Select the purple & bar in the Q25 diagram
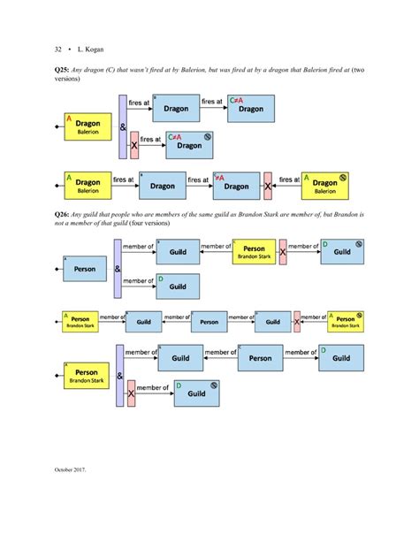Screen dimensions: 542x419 pos(122,126)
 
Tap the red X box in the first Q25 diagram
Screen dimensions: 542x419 pos(133,143)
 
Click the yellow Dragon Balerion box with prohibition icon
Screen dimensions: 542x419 pos(329,184)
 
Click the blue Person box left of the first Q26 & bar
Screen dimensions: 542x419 pos(87,266)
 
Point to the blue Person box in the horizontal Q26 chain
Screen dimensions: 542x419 pos(209,321)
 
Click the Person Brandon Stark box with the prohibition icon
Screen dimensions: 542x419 pos(343,321)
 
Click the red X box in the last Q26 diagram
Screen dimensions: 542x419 pos(131,393)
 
